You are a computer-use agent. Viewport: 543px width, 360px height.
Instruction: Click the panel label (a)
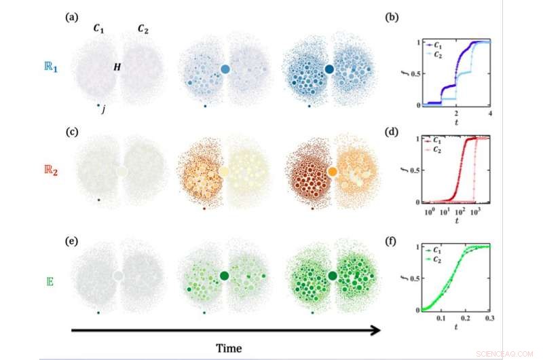pyautogui.click(x=71, y=17)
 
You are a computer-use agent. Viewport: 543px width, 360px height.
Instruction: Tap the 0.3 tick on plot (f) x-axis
pyautogui.click(x=490, y=318)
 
